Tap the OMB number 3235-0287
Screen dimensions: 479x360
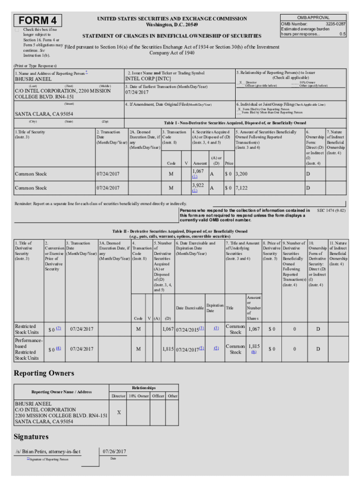[x=335, y=23]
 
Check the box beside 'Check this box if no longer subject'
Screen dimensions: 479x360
[x=17, y=29]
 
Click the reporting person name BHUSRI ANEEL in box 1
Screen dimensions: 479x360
[x=34, y=79]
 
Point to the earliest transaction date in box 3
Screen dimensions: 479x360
[x=137, y=92]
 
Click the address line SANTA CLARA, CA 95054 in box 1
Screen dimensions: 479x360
[x=44, y=114]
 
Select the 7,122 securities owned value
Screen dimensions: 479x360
[x=241, y=188]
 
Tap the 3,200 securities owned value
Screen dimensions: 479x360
[x=241, y=174]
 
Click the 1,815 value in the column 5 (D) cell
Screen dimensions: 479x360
[x=168, y=349]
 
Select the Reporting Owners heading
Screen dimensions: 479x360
[x=43, y=373]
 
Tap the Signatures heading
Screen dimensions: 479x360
[x=31, y=436]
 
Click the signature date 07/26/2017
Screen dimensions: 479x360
[x=114, y=451]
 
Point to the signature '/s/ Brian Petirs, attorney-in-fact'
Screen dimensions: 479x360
[x=47, y=451]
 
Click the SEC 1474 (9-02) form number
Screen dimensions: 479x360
[x=331, y=211]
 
